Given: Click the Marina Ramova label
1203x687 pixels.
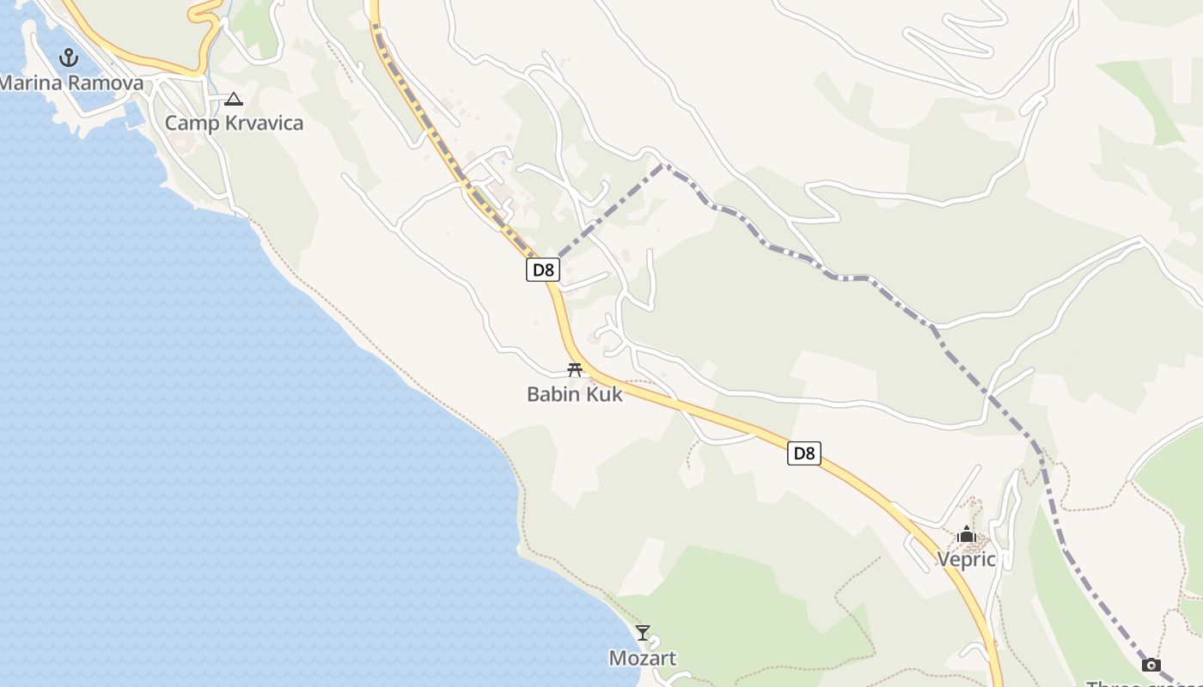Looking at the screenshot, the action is pyautogui.click(x=71, y=83).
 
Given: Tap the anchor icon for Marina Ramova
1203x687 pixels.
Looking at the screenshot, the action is pyautogui.click(x=68, y=58).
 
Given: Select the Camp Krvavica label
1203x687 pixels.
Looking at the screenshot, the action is pyautogui.click(x=234, y=123).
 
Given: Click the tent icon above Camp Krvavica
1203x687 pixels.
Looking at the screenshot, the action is pyautogui.click(x=234, y=99).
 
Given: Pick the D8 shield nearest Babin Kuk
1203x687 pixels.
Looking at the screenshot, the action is pyautogui.click(x=543, y=270).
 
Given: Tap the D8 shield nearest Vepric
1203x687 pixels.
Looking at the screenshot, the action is pyautogui.click(x=803, y=453).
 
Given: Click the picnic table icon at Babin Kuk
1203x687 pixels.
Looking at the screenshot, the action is pyautogui.click(x=575, y=370).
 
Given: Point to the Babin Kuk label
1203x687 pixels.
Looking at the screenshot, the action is pyautogui.click(x=574, y=394).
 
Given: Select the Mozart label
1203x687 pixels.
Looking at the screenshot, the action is pyautogui.click(x=642, y=659).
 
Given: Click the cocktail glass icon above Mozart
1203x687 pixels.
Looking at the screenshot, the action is pyautogui.click(x=643, y=633).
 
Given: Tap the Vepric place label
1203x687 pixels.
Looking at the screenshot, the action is pyautogui.click(x=966, y=560).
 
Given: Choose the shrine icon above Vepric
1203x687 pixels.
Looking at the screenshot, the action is pyautogui.click(x=967, y=535).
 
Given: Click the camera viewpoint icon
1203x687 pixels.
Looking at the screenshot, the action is pyautogui.click(x=1151, y=665).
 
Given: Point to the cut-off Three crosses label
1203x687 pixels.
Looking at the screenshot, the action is pyautogui.click(x=1143, y=684).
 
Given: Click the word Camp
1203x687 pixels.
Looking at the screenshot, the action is pyautogui.click(x=186, y=123).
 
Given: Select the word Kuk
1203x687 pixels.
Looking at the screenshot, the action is pyautogui.click(x=604, y=394).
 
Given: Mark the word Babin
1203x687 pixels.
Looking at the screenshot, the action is pyautogui.click(x=553, y=394).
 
